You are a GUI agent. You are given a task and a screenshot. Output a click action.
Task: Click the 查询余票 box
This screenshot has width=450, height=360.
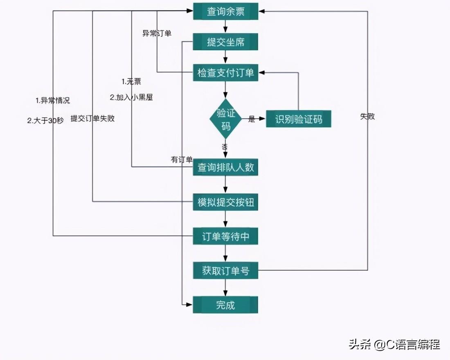(225, 11)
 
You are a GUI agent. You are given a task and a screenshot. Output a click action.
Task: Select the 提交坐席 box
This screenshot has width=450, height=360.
(225, 42)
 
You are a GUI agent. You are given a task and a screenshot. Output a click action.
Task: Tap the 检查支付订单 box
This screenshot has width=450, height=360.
(225, 73)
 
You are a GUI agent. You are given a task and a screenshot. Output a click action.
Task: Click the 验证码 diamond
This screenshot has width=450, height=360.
(225, 119)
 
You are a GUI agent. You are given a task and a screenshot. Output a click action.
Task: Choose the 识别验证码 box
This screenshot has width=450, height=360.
(298, 119)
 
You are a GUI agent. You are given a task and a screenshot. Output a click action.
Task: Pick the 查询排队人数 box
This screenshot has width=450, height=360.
(225, 168)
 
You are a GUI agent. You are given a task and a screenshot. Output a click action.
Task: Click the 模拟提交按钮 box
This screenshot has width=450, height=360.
(225, 202)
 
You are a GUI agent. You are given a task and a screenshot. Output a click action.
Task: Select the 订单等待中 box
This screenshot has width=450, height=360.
(225, 237)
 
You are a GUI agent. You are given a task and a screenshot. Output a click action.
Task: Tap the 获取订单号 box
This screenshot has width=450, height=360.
(225, 271)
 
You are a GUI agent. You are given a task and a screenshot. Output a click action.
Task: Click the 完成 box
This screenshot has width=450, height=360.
(225, 305)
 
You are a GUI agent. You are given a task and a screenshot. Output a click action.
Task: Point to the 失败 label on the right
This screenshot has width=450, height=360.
(367, 117)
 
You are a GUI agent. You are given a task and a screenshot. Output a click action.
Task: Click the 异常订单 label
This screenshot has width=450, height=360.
(157, 34)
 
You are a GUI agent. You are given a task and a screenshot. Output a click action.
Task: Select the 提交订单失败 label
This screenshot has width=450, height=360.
(92, 119)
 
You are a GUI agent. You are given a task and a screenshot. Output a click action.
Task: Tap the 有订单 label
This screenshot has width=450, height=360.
(181, 160)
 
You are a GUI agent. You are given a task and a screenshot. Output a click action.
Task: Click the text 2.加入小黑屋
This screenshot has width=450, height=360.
(131, 98)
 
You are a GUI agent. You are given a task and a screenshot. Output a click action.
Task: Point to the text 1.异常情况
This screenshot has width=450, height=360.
(53, 101)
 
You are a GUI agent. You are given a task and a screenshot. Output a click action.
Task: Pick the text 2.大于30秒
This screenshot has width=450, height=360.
(45, 121)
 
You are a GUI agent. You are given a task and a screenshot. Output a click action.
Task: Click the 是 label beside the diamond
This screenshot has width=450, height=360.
(252, 119)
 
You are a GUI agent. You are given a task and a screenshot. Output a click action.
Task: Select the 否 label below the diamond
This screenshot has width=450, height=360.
(225, 146)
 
